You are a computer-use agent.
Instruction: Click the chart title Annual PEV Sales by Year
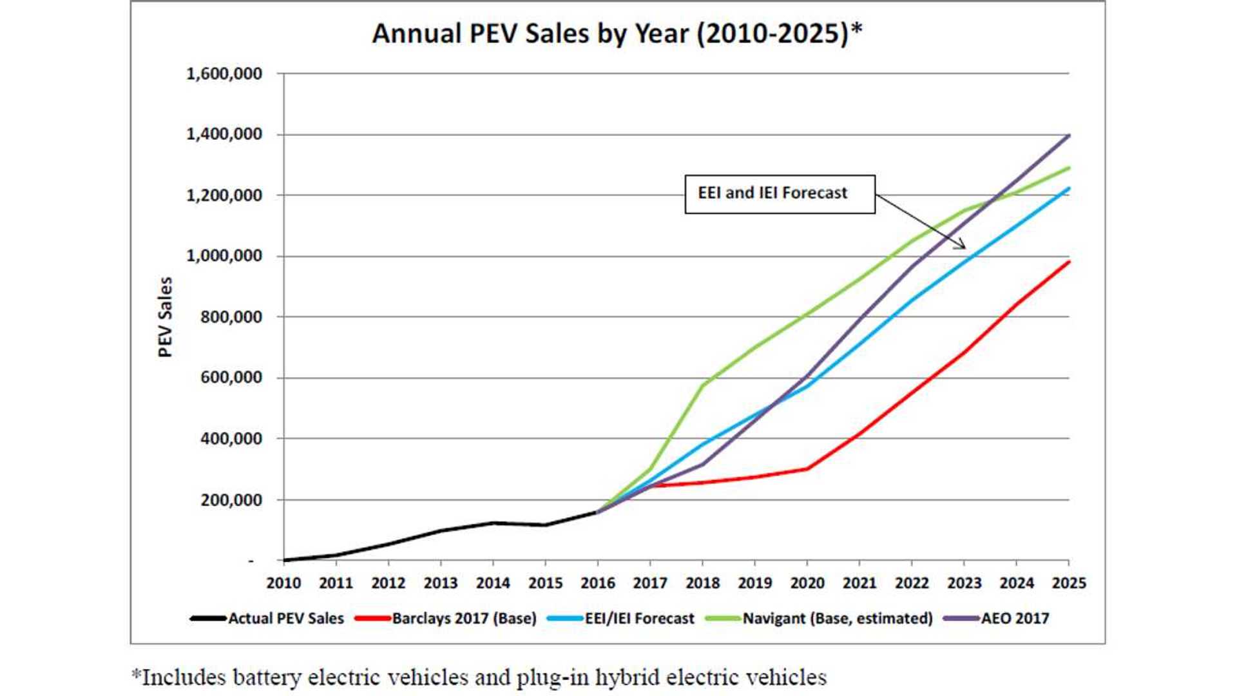pos(617,34)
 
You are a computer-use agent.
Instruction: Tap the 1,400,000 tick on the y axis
pos(224,134)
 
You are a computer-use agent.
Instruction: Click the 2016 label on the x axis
pos(598,583)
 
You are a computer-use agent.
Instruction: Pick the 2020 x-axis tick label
pos(807,583)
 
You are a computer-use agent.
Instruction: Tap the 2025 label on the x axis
pos(1069,583)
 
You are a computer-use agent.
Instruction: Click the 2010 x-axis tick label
pos(283,583)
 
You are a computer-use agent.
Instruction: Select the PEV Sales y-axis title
pos(166,316)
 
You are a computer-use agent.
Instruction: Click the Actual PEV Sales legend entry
pos(267,619)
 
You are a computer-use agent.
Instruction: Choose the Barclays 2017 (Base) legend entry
pos(446,619)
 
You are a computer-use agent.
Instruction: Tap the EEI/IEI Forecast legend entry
pos(621,619)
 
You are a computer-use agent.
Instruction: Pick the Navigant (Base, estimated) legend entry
pos(819,619)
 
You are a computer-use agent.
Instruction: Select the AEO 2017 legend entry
pos(996,619)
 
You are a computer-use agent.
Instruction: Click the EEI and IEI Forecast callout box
pos(780,194)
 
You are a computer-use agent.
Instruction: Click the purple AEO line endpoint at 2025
pos(1069,135)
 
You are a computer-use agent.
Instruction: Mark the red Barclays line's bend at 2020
pos(807,469)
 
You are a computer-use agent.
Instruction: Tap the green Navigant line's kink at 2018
pos(702,385)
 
